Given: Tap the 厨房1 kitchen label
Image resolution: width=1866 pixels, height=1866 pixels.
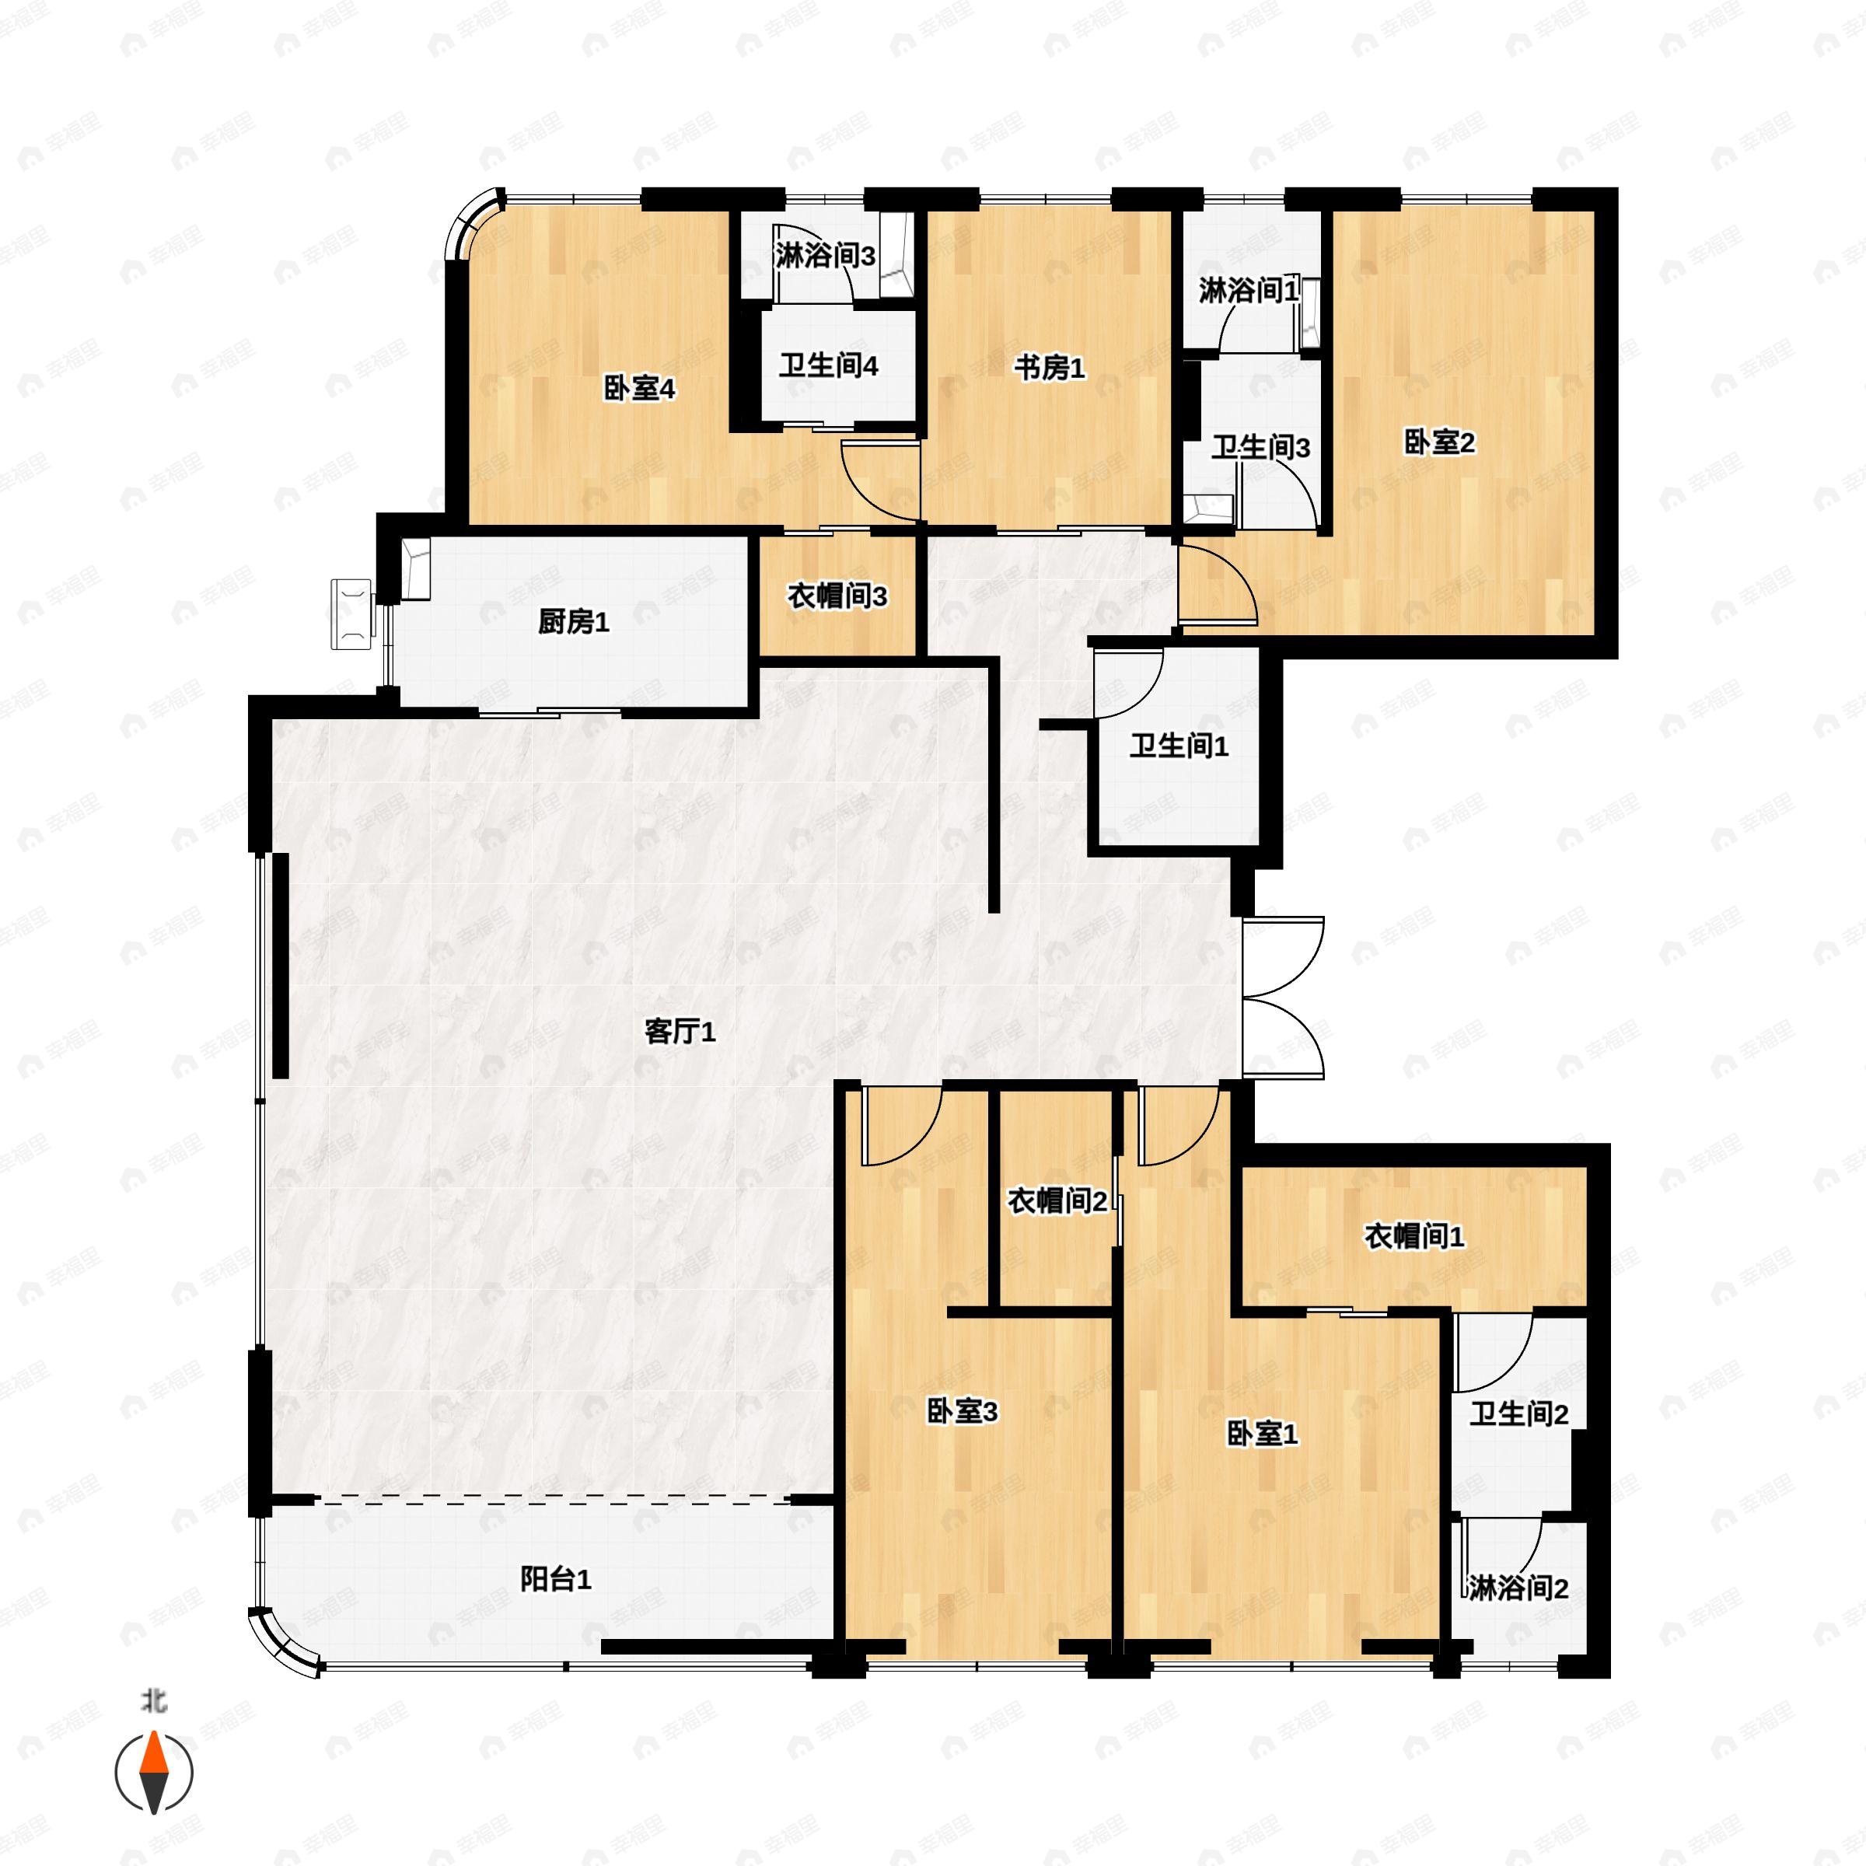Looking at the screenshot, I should (574, 623).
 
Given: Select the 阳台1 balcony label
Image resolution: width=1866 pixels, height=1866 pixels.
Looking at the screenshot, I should (555, 1579).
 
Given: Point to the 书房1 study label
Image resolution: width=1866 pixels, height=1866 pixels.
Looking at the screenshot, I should (1049, 368).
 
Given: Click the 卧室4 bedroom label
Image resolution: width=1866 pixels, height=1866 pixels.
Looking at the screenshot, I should (638, 390).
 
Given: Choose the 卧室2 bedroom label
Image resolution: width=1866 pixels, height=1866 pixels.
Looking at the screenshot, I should (1438, 443).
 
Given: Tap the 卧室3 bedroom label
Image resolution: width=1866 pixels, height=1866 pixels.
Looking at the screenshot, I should (962, 1412).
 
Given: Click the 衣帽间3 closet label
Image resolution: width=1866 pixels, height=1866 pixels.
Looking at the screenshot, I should (837, 597).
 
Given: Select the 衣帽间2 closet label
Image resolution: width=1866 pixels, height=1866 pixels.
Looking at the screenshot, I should (1057, 1201).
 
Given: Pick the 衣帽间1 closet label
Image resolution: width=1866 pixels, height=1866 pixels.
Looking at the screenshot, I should (1414, 1236).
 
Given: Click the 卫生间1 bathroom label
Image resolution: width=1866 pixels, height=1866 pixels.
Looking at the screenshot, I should (1179, 746).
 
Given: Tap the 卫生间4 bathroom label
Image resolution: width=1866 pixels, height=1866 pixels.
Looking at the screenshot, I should (828, 367).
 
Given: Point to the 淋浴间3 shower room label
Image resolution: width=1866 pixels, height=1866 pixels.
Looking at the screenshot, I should (825, 257).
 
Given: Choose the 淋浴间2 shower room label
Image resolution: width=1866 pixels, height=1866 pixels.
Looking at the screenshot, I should (1518, 1588).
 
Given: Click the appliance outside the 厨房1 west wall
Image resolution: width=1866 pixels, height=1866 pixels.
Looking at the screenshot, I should (351, 614).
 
